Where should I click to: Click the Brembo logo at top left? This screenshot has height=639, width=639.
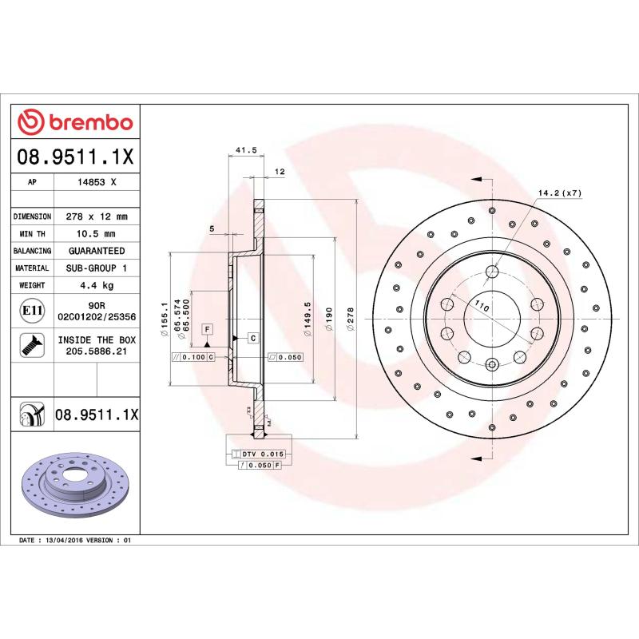(75, 122)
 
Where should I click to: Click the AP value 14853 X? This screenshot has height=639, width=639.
(97, 182)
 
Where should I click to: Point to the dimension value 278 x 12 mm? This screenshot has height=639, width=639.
(97, 216)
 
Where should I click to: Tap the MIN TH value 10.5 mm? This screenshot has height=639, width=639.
(97, 234)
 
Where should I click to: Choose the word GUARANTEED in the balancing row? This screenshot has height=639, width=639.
(97, 251)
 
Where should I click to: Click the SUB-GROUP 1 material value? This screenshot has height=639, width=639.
(97, 268)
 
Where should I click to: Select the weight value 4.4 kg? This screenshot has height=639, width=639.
(97, 285)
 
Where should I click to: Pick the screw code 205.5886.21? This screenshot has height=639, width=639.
(97, 351)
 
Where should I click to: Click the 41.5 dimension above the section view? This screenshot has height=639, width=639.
(246, 149)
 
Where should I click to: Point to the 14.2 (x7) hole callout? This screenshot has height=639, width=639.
(558, 193)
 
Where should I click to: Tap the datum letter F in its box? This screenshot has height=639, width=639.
(207, 329)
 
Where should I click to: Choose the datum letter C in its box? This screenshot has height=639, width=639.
(252, 338)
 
